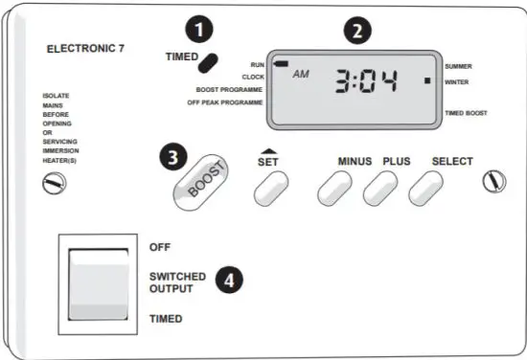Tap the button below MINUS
pyautogui.click(x=334, y=191)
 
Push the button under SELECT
pyautogui.click(x=425, y=191)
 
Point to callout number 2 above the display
pyautogui.click(x=357, y=30)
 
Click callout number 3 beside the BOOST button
pyautogui.click(x=172, y=156)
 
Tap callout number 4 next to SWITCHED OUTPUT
pyautogui.click(x=227, y=279)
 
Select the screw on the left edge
pyautogui.click(x=48, y=180)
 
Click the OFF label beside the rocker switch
pyautogui.click(x=159, y=247)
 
